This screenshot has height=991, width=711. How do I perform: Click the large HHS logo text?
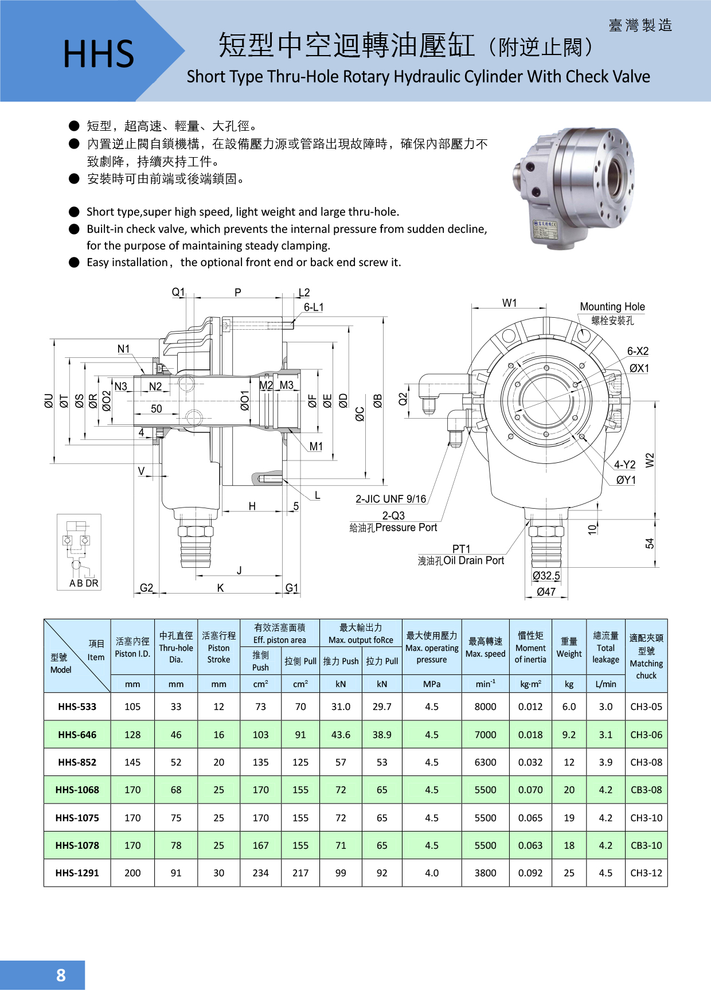tap(98, 54)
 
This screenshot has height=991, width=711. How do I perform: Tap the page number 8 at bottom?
tap(61, 975)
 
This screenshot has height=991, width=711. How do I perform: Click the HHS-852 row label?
tap(77, 762)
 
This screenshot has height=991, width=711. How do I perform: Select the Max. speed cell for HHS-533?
tap(485, 707)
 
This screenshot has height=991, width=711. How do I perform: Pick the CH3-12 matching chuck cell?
tap(646, 873)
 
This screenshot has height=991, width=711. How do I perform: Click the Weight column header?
tap(569, 648)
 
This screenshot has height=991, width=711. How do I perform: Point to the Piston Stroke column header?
tap(218, 648)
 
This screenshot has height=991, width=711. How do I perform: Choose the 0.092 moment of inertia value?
tap(530, 873)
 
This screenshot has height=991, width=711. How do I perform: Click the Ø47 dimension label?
tap(546, 592)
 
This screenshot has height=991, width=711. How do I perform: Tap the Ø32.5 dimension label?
tap(546, 576)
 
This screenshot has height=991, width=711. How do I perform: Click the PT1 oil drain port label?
tap(461, 549)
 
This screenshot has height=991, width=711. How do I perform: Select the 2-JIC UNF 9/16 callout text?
tap(390, 499)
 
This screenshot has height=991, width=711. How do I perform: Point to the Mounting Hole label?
tap(612, 307)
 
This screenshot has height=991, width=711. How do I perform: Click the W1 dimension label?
tap(509, 303)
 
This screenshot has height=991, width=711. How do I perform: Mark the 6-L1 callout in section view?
tap(314, 307)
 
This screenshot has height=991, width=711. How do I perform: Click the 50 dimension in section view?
tap(157, 409)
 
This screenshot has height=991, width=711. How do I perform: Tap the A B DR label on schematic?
tap(84, 583)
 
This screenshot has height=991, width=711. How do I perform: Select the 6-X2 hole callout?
tap(638, 351)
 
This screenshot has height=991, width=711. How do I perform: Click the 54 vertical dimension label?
tap(650, 543)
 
